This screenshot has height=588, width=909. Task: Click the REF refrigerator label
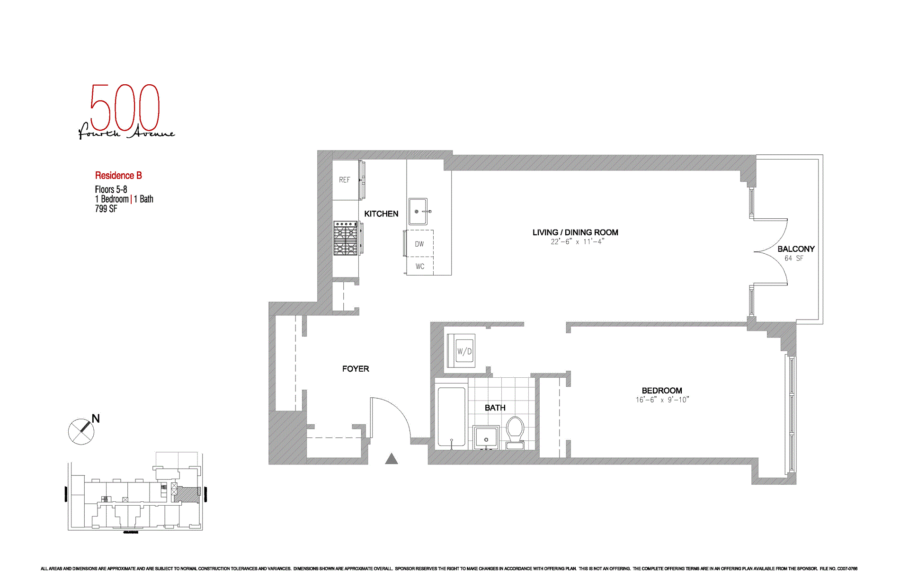(x=344, y=180)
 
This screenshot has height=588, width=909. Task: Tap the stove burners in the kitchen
(x=345, y=238)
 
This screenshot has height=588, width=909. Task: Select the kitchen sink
(x=418, y=211)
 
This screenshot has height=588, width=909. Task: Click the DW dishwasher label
(x=419, y=244)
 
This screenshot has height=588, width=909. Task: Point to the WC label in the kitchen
(x=419, y=267)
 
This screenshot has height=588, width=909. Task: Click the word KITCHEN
(x=381, y=214)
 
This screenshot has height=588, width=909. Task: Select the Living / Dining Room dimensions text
(x=577, y=242)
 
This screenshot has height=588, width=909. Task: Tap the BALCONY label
(x=795, y=249)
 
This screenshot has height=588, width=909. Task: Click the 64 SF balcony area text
(x=793, y=258)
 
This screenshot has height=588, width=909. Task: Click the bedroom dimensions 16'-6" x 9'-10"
(x=662, y=400)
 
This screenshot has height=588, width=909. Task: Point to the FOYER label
(x=356, y=369)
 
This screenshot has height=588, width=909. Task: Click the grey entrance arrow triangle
(x=391, y=459)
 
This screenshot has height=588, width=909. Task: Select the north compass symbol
(x=81, y=431)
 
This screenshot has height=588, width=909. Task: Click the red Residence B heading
(x=118, y=176)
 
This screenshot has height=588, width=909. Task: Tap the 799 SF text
(x=106, y=209)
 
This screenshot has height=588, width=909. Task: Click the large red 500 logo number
(x=125, y=108)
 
